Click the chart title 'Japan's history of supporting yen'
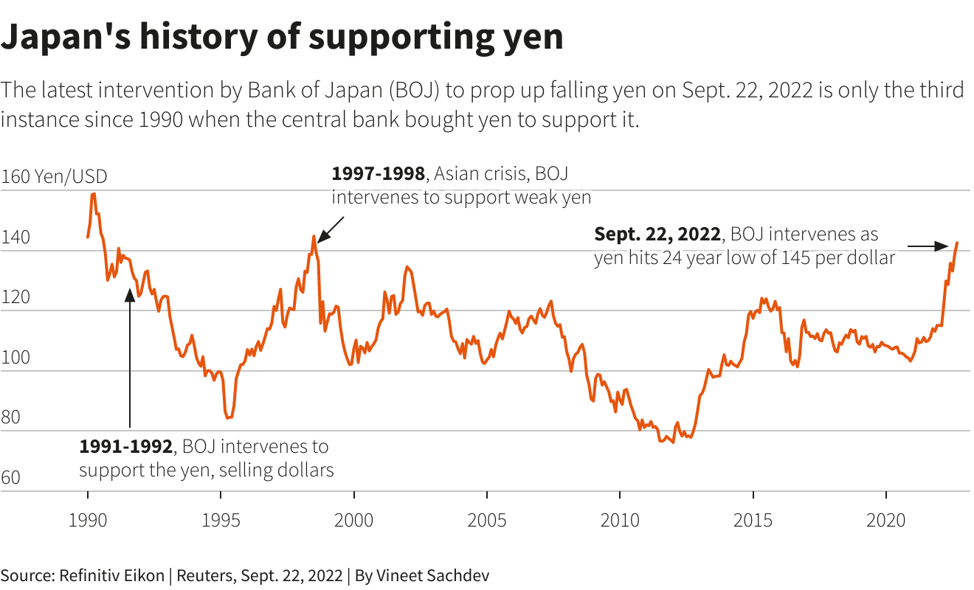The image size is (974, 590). (x=282, y=37)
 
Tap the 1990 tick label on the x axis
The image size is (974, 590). (x=88, y=520)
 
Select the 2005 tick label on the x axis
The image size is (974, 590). (x=487, y=520)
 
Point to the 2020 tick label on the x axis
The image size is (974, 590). (x=885, y=520)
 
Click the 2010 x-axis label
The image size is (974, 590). (x=620, y=520)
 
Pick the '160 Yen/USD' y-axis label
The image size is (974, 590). (x=54, y=177)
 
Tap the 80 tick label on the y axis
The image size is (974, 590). (x=11, y=417)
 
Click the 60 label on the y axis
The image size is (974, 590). (x=11, y=478)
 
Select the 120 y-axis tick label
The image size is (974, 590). (x=15, y=297)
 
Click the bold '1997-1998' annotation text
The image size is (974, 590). (x=378, y=174)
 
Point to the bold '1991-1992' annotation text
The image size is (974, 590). (x=125, y=447)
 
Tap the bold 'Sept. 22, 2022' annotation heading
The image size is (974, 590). (x=657, y=235)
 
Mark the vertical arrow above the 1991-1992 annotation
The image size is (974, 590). (x=130, y=361)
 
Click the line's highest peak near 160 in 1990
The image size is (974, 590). (x=93, y=194)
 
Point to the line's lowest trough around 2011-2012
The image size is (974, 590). (x=673, y=442)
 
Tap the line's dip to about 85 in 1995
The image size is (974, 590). (x=229, y=417)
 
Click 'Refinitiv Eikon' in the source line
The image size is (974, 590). (x=111, y=575)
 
